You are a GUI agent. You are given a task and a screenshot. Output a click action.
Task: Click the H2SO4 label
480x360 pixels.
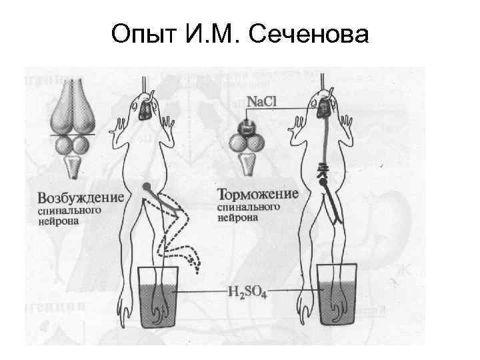tap(247, 292)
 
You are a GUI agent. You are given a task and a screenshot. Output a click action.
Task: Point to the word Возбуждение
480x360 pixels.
tap(81, 197)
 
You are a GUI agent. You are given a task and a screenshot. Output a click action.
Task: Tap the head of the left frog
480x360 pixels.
tap(146, 107)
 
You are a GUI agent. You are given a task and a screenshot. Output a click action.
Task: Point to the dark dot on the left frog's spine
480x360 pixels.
tap(145, 185)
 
